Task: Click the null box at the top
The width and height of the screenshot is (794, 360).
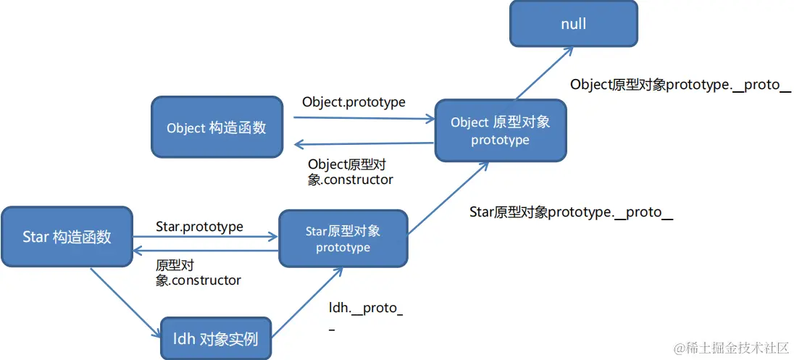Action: point(573,24)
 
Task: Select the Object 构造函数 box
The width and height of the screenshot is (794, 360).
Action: point(217,127)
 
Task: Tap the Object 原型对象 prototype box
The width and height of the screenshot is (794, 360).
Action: point(500,130)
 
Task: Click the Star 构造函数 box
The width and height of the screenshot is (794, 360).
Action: point(67,236)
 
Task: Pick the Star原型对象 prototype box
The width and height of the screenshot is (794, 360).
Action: point(343,239)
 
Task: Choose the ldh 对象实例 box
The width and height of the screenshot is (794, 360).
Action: point(215,338)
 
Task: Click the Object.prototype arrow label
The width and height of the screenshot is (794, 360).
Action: point(354,102)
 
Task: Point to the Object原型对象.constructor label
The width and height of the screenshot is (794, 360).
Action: point(351,172)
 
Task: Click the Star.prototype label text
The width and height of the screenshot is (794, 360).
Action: point(199,227)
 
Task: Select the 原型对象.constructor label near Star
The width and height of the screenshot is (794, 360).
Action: point(198,272)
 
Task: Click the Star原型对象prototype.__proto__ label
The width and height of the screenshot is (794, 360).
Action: point(571,212)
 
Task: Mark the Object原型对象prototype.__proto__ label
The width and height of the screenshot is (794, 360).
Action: point(680,84)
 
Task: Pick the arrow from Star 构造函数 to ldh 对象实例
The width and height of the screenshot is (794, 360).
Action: point(125,303)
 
